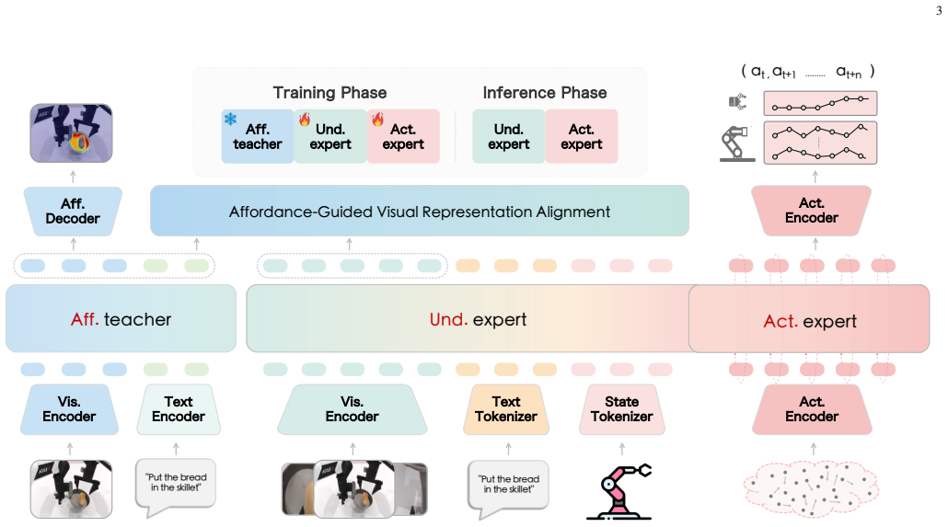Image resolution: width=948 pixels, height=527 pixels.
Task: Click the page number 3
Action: tap(938, 10)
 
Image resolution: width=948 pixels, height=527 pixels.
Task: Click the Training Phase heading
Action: tap(329, 93)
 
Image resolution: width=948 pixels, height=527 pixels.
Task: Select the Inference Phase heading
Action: tap(545, 93)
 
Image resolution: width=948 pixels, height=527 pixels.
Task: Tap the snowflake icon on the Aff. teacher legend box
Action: tap(230, 119)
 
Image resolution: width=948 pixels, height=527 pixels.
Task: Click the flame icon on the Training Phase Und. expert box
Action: tap(305, 119)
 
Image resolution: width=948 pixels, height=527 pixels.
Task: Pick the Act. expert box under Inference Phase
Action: tap(582, 137)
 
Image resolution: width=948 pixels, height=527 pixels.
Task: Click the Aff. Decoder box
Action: tap(73, 211)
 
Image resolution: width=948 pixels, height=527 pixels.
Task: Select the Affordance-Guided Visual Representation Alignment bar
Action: tap(420, 211)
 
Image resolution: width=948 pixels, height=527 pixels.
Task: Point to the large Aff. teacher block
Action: tap(121, 318)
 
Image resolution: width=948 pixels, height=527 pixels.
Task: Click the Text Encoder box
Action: tap(179, 409)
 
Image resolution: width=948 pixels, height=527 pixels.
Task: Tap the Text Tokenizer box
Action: tap(506, 409)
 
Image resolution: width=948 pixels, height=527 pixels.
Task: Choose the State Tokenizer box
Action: tap(621, 409)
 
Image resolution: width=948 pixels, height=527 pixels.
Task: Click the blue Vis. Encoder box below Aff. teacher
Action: tap(69, 409)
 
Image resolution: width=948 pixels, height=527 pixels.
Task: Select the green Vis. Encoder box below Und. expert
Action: tap(352, 409)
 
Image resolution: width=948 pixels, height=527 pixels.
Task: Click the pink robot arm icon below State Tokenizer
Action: tap(619, 491)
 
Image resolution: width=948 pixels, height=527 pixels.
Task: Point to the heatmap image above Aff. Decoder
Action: tap(72, 133)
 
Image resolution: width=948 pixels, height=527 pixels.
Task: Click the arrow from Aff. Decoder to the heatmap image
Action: tap(73, 177)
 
